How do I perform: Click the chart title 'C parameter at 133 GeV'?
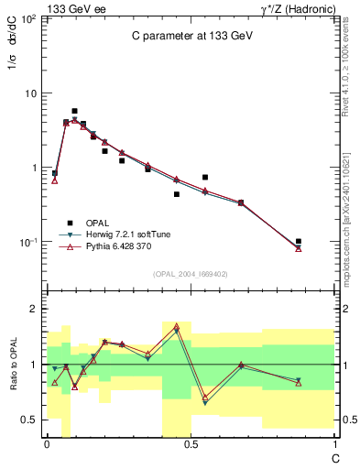[x=190, y=36]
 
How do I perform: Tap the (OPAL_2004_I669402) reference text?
[x=190, y=274]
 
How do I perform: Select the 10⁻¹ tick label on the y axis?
[x=27, y=242]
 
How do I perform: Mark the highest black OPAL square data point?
[x=74, y=111]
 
